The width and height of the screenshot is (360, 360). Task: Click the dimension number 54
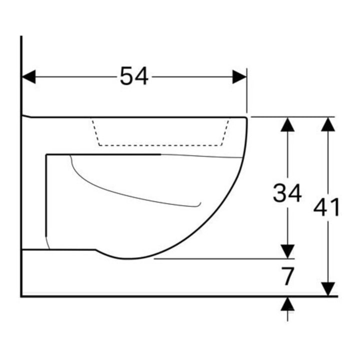(x=134, y=76)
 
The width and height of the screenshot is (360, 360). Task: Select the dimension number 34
(x=287, y=193)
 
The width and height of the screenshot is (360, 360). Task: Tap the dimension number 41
(x=326, y=207)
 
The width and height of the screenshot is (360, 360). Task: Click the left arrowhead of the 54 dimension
(x=28, y=77)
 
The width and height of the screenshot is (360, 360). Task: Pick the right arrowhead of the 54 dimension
(x=239, y=77)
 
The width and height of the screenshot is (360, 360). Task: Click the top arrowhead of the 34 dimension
(x=287, y=124)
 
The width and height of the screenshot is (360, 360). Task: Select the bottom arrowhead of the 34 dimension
(x=287, y=251)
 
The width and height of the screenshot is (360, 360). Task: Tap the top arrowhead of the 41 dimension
(x=327, y=124)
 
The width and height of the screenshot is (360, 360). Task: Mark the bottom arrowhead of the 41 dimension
(x=327, y=289)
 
